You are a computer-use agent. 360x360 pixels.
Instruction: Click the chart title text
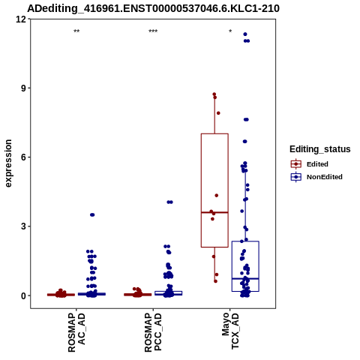pyautogui.click(x=153, y=9)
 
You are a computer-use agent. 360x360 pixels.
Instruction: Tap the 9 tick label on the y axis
pyautogui.click(x=24, y=88)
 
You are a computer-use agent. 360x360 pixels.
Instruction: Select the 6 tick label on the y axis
pyautogui.click(x=24, y=157)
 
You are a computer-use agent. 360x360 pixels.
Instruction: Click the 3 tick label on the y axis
pyautogui.click(x=24, y=226)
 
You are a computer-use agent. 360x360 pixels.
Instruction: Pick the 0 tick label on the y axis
pyautogui.click(x=24, y=295)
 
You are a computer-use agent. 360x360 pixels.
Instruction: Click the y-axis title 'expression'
pyautogui.click(x=8, y=163)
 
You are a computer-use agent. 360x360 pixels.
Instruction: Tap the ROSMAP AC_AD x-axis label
pyautogui.click(x=76, y=332)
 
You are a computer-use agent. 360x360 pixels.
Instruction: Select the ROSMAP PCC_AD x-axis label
pyautogui.click(x=153, y=332)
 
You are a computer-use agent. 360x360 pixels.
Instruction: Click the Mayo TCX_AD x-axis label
pyautogui.click(x=230, y=331)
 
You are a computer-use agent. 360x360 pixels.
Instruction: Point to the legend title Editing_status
pyautogui.click(x=320, y=149)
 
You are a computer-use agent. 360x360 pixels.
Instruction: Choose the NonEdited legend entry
pyautogui.click(x=316, y=177)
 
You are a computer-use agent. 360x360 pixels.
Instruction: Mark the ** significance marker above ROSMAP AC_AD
pyautogui.click(x=76, y=31)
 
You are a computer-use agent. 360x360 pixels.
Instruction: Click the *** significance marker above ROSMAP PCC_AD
pyautogui.click(x=153, y=31)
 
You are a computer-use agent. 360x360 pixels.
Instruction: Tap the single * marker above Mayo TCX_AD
pyautogui.click(x=230, y=31)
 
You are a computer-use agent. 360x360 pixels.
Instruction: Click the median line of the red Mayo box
pyautogui.click(x=214, y=212)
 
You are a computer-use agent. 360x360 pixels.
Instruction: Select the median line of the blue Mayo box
pyautogui.click(x=245, y=278)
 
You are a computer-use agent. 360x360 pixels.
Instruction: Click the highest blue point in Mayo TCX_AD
pyautogui.click(x=245, y=34)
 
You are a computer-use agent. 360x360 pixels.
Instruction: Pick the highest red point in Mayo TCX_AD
pyautogui.click(x=214, y=94)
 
